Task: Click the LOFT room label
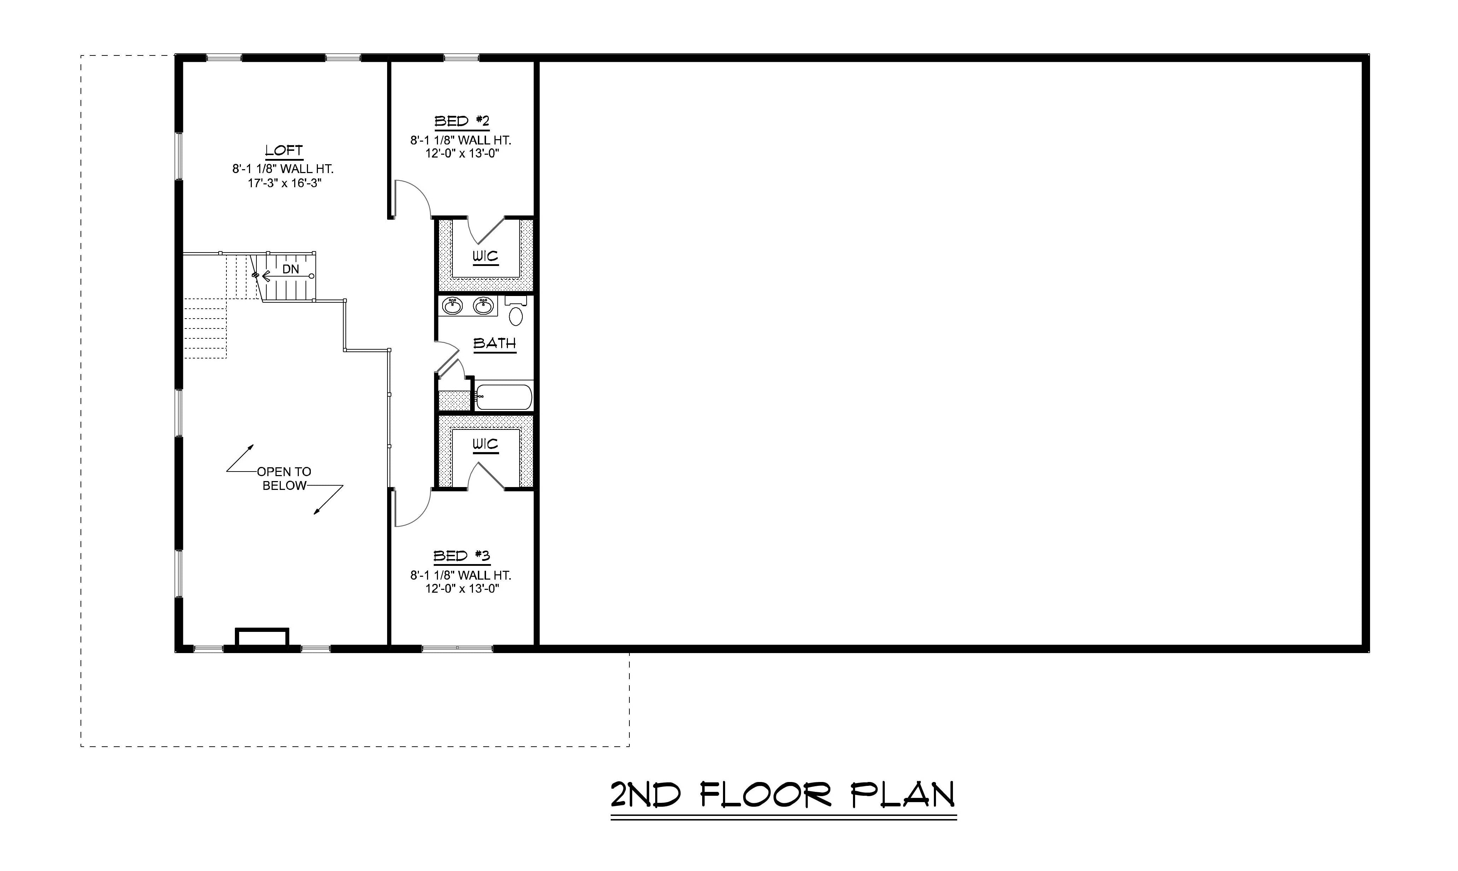(284, 151)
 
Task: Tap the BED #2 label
(462, 122)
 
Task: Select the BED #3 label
(462, 556)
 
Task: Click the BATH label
(494, 343)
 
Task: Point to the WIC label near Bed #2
(485, 256)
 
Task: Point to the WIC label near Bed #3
(485, 444)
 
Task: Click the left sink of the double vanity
(452, 306)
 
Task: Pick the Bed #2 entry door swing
(412, 200)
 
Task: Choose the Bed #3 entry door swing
(412, 507)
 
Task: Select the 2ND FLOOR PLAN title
(783, 795)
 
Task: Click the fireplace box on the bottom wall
(262, 638)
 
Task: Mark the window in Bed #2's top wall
(461, 58)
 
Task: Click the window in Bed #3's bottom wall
(457, 648)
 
